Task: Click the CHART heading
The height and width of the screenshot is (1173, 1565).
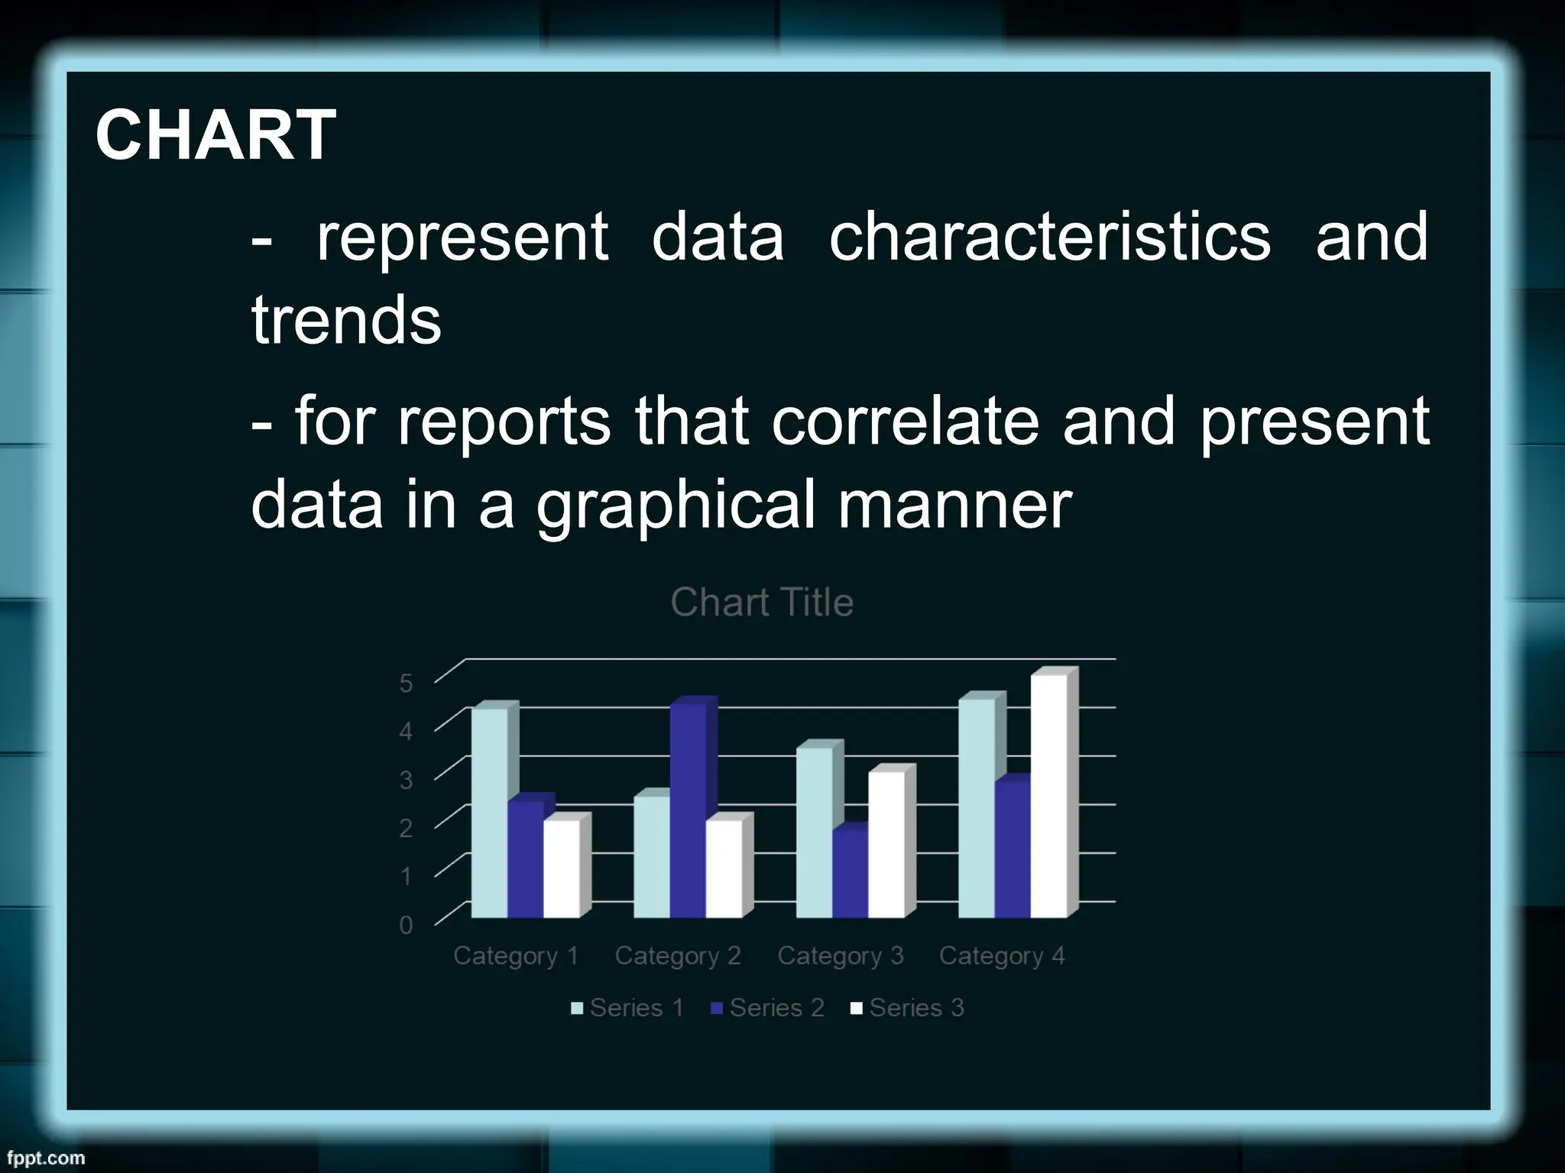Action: (x=215, y=135)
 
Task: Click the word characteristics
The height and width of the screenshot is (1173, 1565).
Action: (x=1050, y=237)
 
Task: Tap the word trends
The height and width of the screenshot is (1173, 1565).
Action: (x=346, y=321)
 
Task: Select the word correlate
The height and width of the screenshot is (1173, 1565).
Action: (x=905, y=421)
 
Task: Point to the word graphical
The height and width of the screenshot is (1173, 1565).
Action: (x=676, y=506)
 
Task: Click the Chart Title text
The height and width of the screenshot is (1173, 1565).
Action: (x=762, y=603)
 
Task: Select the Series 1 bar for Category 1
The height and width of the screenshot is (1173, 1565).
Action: (x=489, y=813)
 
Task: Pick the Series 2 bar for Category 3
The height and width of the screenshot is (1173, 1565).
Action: (x=850, y=874)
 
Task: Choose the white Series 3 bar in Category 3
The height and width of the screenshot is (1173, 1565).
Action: (x=886, y=845)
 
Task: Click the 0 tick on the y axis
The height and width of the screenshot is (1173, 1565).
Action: (x=406, y=926)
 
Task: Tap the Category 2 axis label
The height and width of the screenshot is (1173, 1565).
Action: (x=678, y=956)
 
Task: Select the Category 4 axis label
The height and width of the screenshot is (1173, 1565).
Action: (x=1002, y=956)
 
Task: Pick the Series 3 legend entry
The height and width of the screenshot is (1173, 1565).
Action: (x=915, y=1008)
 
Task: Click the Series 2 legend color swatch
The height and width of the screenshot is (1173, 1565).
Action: (x=717, y=1009)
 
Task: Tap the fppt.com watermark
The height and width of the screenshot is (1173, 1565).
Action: (x=46, y=1158)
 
